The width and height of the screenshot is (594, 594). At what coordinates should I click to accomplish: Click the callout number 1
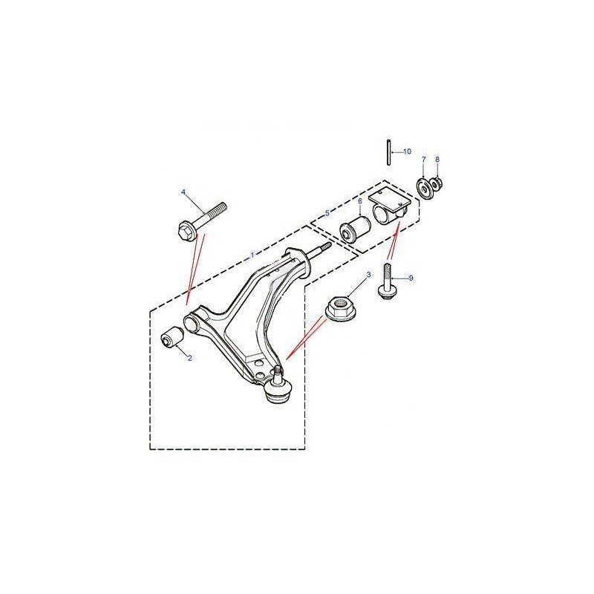pos(252,255)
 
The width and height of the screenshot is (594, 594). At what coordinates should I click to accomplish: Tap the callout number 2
pos(190,358)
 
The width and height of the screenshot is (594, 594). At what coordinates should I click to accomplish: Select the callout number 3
pos(368,274)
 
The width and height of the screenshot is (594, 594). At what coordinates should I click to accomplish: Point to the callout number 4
pos(183,192)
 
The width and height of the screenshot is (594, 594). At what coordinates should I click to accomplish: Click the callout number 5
pos(327,213)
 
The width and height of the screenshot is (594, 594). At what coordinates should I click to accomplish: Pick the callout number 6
pos(360,200)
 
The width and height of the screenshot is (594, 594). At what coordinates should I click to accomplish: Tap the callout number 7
pos(423,160)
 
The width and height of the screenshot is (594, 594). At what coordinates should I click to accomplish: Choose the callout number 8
pos(437,160)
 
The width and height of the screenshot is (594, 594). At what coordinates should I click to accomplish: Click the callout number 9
pos(411,278)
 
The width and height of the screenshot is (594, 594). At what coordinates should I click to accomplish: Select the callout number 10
pos(407,151)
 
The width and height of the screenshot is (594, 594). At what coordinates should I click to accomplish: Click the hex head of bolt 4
pos(187,231)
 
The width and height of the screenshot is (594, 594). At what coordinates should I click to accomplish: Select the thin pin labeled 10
pos(389,153)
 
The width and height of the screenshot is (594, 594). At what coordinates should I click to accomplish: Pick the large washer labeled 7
pos(424,188)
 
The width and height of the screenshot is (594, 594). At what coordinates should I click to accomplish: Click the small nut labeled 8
pos(437,184)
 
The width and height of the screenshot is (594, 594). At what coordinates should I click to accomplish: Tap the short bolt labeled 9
pos(385,282)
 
